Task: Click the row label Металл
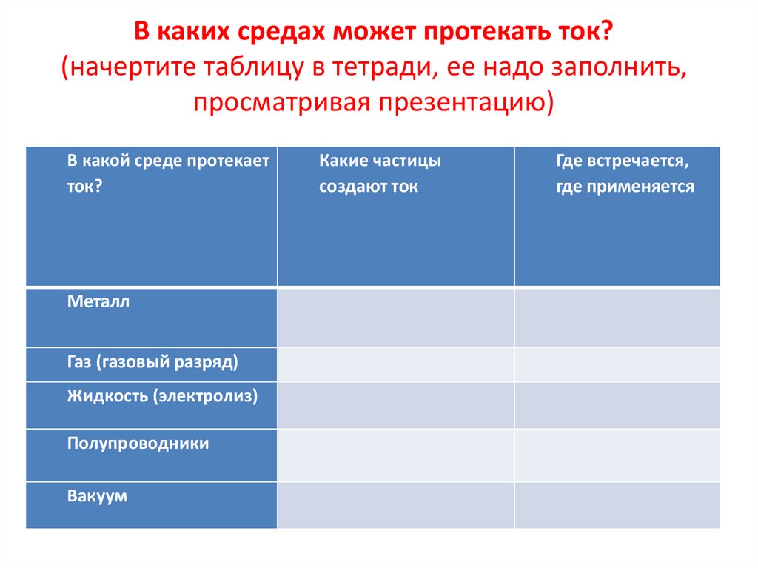[98, 302]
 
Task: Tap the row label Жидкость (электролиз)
[162, 396]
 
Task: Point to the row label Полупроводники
[138, 444]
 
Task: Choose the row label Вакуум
[97, 496]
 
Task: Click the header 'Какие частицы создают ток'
[380, 173]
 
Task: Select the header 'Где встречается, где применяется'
[625, 173]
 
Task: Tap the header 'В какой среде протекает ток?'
[168, 173]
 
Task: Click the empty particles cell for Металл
[395, 318]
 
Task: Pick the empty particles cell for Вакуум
[395, 505]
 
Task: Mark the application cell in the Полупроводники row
[617, 455]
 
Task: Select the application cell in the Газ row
[617, 364]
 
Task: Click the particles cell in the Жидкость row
[395, 405]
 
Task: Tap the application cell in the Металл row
[617, 318]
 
